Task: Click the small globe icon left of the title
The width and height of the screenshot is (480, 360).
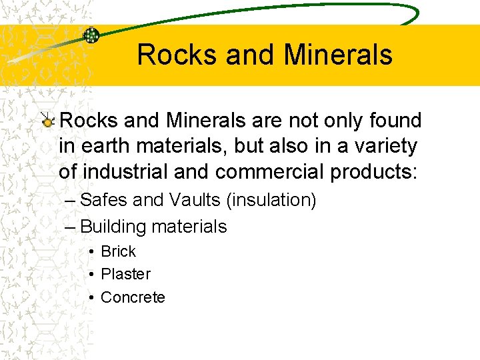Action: tap(91, 35)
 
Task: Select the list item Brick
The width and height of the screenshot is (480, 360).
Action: tap(118, 251)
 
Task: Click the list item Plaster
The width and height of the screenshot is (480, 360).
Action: tap(125, 274)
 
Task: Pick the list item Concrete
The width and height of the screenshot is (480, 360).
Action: tap(133, 297)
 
